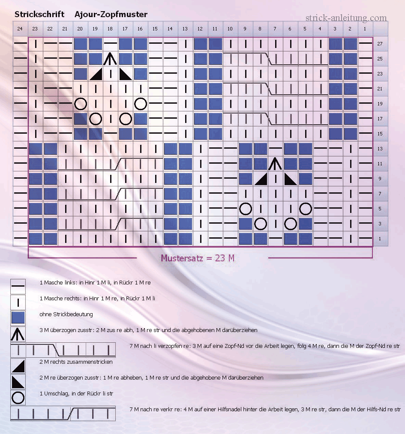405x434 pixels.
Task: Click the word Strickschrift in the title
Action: click(x=39, y=14)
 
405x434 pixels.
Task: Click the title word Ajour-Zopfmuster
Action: click(x=111, y=15)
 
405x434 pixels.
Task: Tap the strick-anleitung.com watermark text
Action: click(x=346, y=18)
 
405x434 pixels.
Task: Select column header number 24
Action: click(x=20, y=29)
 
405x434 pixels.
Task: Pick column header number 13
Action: click(x=185, y=29)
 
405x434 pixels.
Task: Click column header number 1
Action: click(x=365, y=29)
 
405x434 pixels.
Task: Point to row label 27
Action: click(x=380, y=44)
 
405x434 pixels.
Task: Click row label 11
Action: click(x=380, y=164)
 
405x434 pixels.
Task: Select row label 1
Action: click(x=380, y=239)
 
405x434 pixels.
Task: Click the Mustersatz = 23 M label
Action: click(x=198, y=258)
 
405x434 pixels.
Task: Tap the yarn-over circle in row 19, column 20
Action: click(x=81, y=104)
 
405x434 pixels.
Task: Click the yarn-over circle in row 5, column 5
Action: click(x=306, y=209)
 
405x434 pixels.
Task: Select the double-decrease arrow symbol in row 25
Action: click(x=110, y=59)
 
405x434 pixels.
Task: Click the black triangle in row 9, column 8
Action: click(x=261, y=180)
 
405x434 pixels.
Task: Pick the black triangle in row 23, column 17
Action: click(x=125, y=74)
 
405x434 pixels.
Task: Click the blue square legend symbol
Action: click(x=18, y=318)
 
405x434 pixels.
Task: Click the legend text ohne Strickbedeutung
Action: click(x=66, y=314)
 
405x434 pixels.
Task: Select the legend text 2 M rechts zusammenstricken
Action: click(x=76, y=362)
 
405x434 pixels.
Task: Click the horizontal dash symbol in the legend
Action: click(x=18, y=286)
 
